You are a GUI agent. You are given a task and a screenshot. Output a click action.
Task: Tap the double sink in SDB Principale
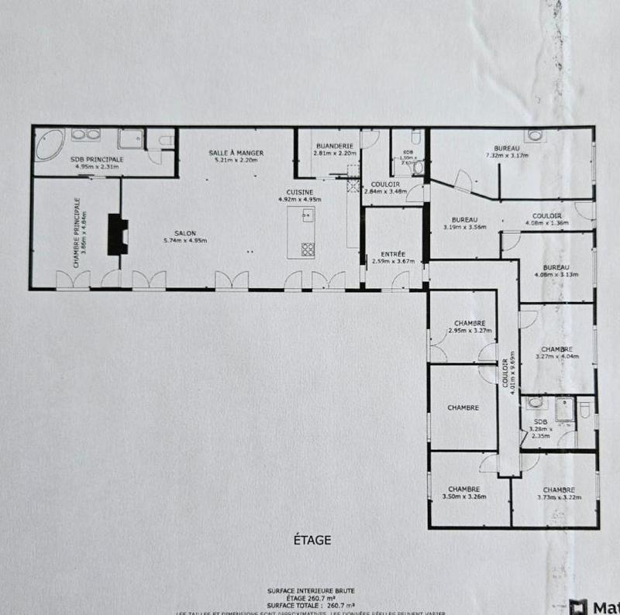click(85, 136)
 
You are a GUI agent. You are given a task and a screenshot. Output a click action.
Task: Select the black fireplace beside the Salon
click(117, 234)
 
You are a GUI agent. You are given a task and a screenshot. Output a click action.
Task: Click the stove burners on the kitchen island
click(307, 249)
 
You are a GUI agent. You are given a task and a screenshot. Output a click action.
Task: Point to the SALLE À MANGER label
click(236, 153)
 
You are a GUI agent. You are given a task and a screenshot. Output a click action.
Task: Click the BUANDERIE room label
click(335, 146)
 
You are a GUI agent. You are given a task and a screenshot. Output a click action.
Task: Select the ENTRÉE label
click(394, 254)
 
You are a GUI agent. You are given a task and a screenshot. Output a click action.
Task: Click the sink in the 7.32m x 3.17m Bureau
click(534, 136)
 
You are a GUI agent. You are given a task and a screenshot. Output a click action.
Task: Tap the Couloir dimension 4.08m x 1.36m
click(547, 223)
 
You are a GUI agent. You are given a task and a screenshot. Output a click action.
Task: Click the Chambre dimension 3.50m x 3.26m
click(463, 497)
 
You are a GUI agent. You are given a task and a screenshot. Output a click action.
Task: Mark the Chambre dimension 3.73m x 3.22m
click(558, 497)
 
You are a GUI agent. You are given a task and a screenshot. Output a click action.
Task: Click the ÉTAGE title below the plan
click(314, 540)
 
